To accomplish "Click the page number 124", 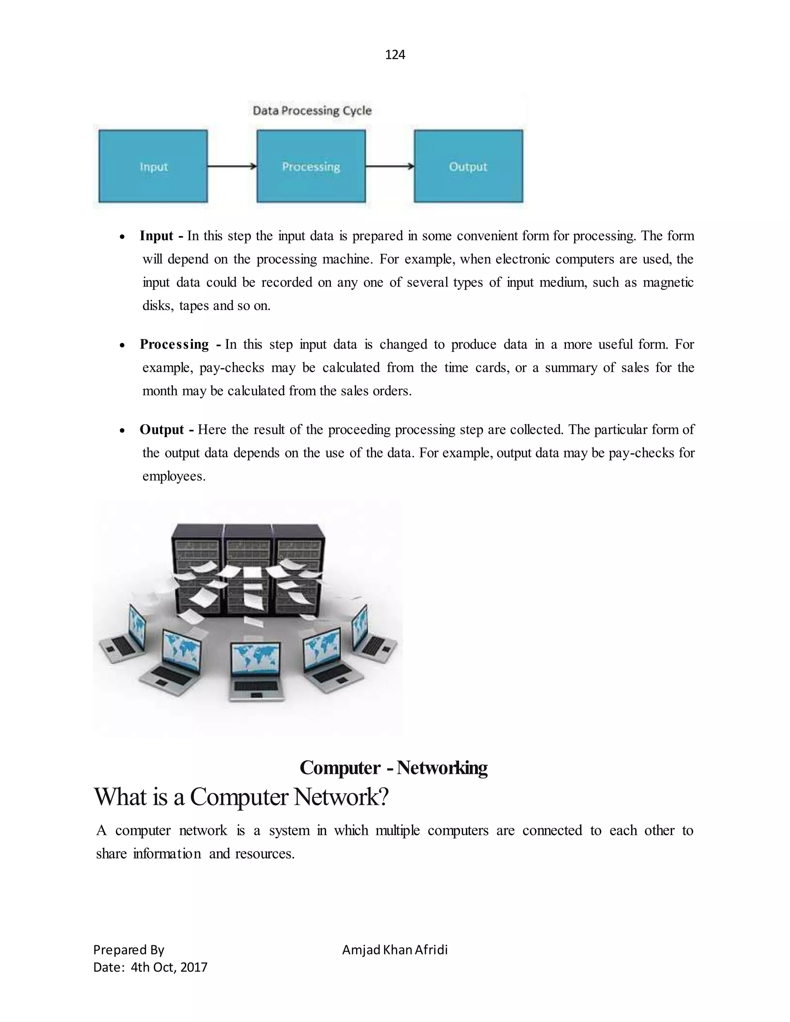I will click(x=395, y=55).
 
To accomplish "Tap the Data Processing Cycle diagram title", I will click(x=312, y=111).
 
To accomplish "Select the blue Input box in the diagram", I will click(x=153, y=166).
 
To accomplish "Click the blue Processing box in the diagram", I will click(x=311, y=166).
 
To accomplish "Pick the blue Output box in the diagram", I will click(x=468, y=166).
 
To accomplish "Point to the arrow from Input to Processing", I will click(x=232, y=166).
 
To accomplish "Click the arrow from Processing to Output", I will click(x=389, y=166).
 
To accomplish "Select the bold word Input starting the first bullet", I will click(x=156, y=236).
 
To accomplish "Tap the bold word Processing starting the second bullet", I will click(x=174, y=344).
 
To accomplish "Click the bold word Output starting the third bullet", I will click(x=162, y=430).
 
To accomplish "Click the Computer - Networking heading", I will click(x=393, y=768).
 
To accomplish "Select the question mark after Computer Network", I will click(x=384, y=797).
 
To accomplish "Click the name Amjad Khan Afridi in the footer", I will click(x=395, y=949).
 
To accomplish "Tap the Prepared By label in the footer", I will click(x=129, y=949).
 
